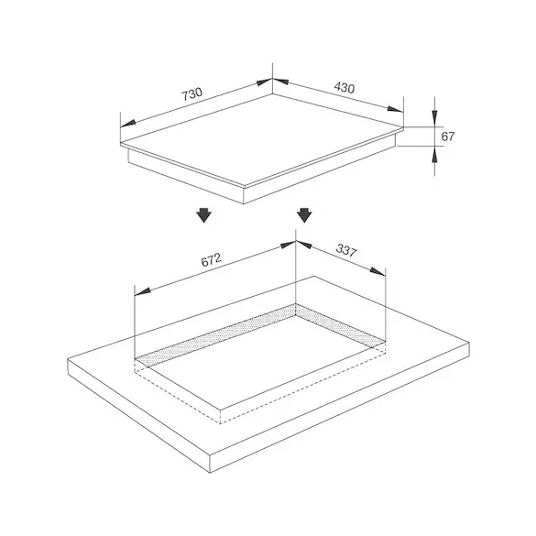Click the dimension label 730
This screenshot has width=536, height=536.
coord(191,94)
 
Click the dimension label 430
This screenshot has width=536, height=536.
coord(345,88)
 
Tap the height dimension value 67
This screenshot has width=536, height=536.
coord(448,137)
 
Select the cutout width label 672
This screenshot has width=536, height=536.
coord(212,260)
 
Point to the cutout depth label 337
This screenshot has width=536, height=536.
coord(346,250)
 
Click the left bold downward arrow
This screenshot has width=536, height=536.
coord(204,215)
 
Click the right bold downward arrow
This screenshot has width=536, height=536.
coord(304,215)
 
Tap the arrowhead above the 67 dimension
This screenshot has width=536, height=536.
coord(434,118)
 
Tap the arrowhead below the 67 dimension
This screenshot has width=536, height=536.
coord(434,155)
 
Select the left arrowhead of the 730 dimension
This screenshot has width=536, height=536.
coord(128,124)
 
